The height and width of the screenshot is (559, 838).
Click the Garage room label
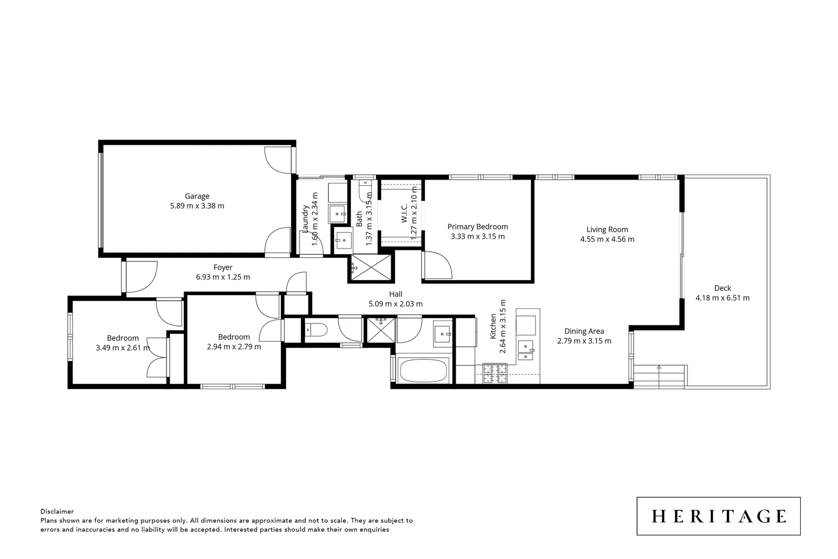[x=197, y=196]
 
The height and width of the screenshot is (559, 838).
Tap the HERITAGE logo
[x=719, y=516]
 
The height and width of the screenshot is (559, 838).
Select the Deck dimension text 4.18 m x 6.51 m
[x=722, y=298]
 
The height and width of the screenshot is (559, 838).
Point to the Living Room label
[x=607, y=229]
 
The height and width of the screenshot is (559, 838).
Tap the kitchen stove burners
[x=495, y=374]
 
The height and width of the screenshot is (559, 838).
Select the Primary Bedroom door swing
[x=438, y=265]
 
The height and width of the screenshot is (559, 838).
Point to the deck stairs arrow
[x=659, y=368]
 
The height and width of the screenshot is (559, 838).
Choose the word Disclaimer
[x=57, y=511]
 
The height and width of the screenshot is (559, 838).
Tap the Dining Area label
[x=584, y=331]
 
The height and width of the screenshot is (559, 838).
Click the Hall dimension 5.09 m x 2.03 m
[x=395, y=304]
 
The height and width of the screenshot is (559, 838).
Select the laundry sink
[x=339, y=213]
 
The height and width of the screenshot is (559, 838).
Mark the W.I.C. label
[x=405, y=213]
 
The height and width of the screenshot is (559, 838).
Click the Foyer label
[x=223, y=267]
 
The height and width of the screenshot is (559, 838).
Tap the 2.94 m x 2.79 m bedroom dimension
[x=234, y=347]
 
